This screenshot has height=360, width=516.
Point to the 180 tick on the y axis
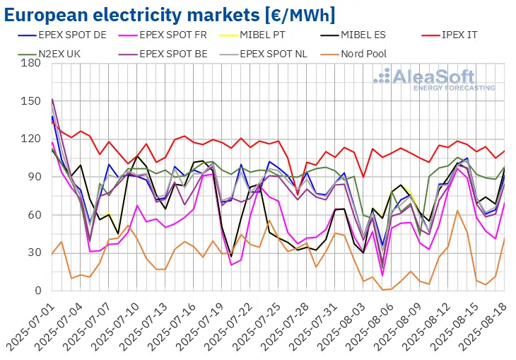point(31,63)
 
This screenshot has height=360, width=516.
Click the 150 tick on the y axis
point(31,101)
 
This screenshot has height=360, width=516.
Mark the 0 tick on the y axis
point(37,291)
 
